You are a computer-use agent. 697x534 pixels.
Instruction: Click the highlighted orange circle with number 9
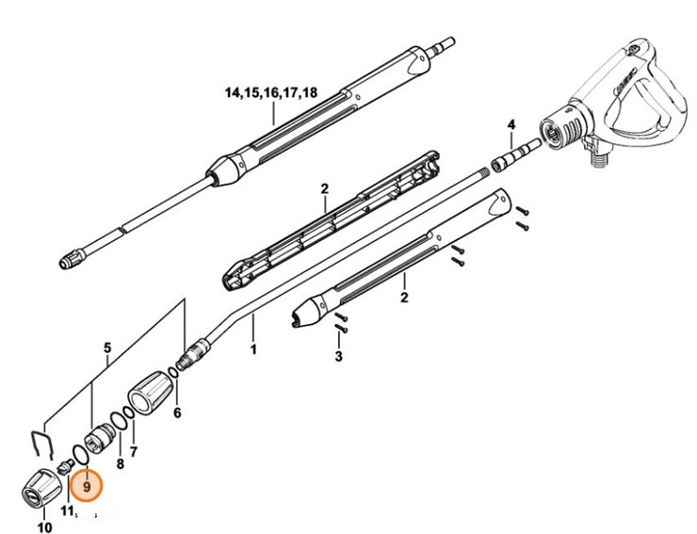(87, 487)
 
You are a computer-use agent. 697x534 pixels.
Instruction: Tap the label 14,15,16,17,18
(270, 92)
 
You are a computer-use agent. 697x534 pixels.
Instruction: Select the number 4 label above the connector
(511, 124)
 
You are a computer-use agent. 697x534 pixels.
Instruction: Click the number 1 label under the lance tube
(252, 350)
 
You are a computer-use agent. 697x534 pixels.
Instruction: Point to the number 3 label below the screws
(338, 357)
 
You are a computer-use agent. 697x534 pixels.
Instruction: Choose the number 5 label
(107, 348)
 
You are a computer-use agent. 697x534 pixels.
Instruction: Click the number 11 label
(68, 510)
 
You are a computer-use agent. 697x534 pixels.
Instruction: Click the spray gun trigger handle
(649, 104)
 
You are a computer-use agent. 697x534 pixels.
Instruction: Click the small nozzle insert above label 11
(65, 466)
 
